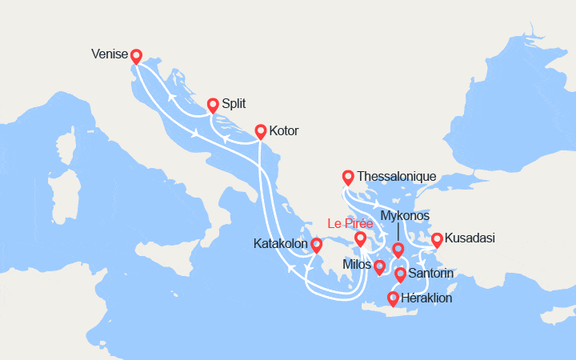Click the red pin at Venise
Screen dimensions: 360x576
pyautogui.click(x=136, y=56)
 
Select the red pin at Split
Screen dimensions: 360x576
pyautogui.click(x=213, y=104)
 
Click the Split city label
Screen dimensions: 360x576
pyautogui.click(x=234, y=104)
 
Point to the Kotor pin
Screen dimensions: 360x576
pyautogui.click(x=260, y=130)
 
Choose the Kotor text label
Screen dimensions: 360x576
pyautogui.click(x=284, y=130)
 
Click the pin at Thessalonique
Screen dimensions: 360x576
pyautogui.click(x=347, y=177)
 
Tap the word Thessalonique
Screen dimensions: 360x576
pyautogui.click(x=397, y=176)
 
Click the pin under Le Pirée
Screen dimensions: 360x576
pyautogui.click(x=360, y=238)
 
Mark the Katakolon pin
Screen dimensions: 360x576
pyautogui.click(x=316, y=244)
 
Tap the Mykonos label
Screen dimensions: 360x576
pyautogui.click(x=406, y=216)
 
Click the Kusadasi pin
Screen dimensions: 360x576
pyautogui.click(x=437, y=239)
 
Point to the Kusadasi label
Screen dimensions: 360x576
pyautogui.click(x=470, y=239)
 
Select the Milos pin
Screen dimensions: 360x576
pyautogui.click(x=379, y=266)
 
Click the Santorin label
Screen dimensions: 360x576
pyautogui.click(x=431, y=274)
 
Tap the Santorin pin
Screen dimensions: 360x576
pyautogui.click(x=400, y=274)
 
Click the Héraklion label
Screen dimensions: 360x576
pyautogui.click(x=427, y=298)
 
